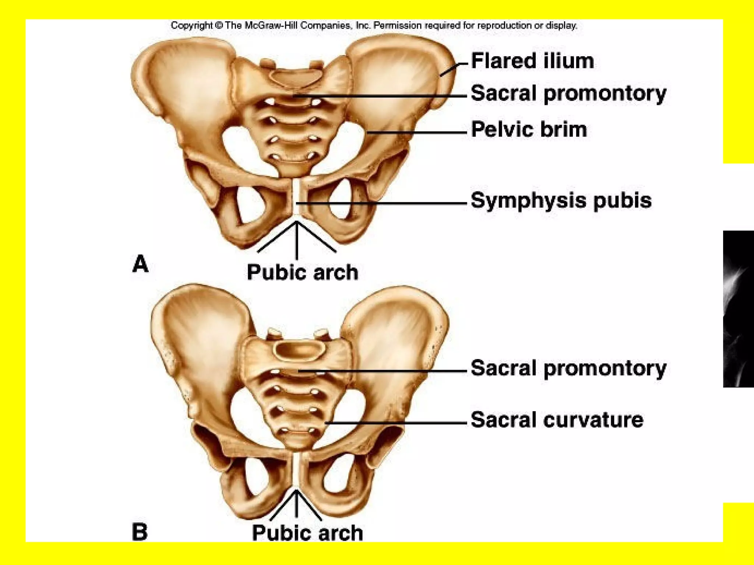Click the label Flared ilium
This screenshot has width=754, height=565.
[x=532, y=61]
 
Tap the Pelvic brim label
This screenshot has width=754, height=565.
[x=529, y=129]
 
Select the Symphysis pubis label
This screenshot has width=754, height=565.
[x=561, y=201]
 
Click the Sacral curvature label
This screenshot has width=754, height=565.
[x=557, y=420]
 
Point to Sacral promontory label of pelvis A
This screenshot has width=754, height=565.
[x=568, y=93]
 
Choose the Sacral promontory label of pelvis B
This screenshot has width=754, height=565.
[x=568, y=368]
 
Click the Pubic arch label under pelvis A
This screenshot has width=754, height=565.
[x=302, y=273]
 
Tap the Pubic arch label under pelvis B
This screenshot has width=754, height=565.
[x=307, y=533]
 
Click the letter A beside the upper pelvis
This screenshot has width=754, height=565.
[x=140, y=264]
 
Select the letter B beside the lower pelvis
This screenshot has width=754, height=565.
[x=140, y=532]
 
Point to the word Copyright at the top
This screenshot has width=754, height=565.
[x=192, y=26]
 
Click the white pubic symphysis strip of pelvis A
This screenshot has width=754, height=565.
[x=297, y=197]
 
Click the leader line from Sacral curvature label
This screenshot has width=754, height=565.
[x=396, y=423]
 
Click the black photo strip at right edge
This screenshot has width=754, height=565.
[x=739, y=309]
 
